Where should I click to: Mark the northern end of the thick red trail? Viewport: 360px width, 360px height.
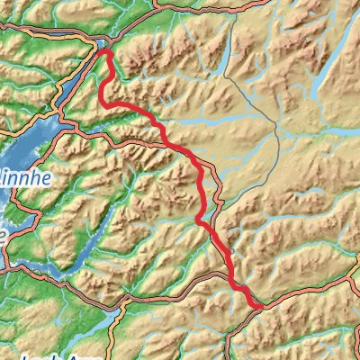coord(107,51)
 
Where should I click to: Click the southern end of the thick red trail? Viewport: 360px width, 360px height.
coord(261,307)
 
